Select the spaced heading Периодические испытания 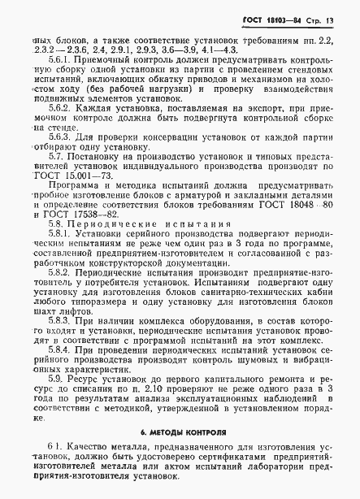tap(124, 237)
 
